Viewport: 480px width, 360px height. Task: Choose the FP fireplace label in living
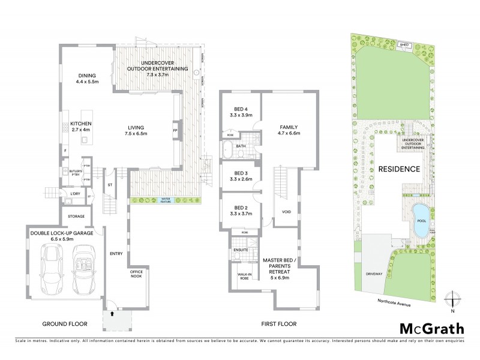coord(176,130)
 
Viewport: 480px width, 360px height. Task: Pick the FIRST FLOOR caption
coord(279,324)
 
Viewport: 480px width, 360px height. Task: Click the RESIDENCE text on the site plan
coord(399,169)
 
